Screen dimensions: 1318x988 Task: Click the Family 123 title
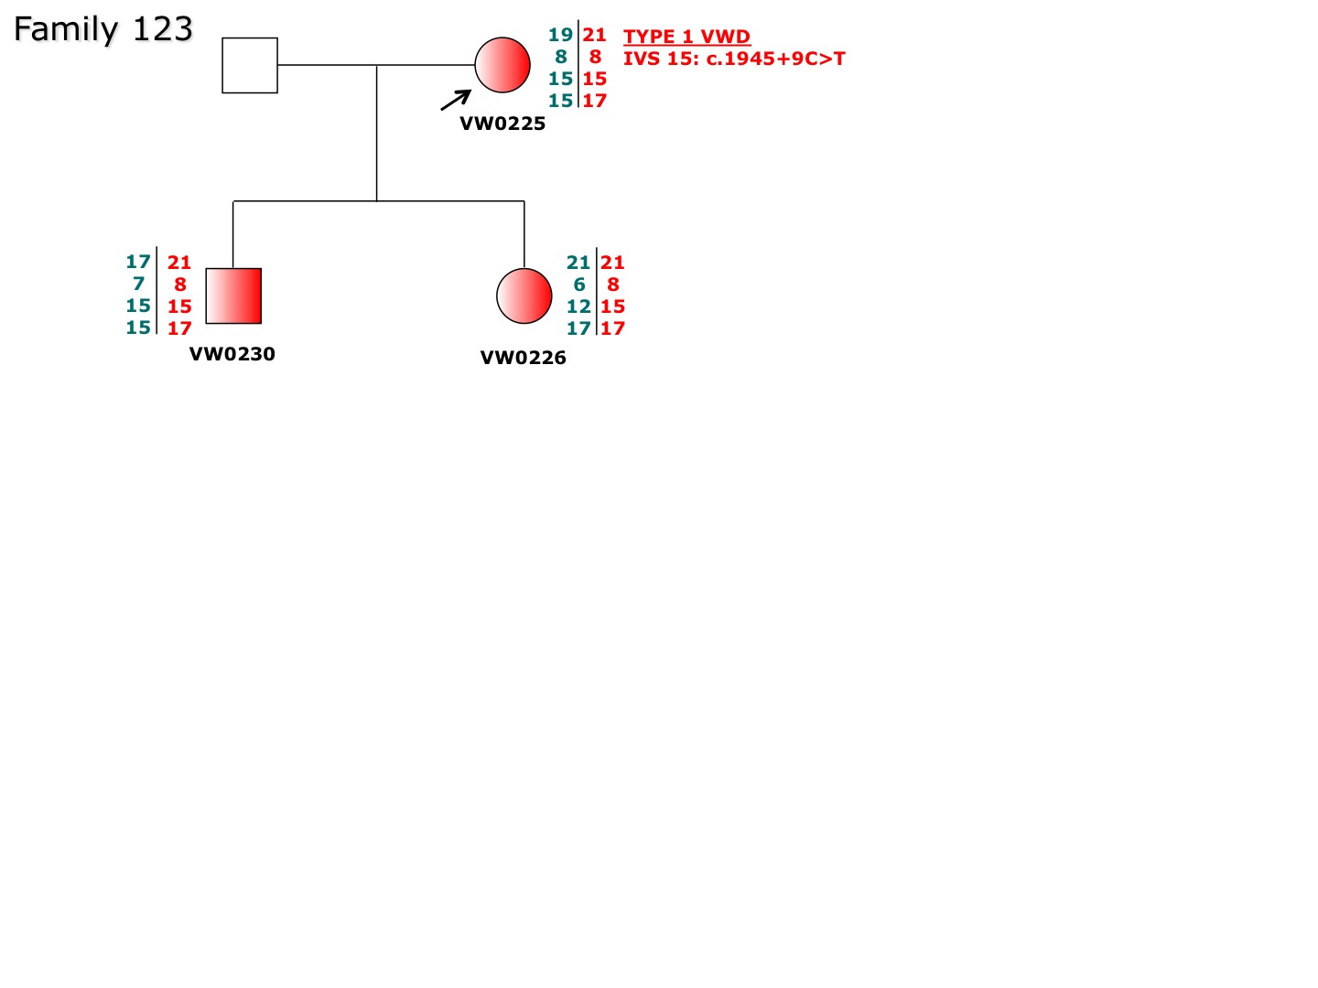coord(103,29)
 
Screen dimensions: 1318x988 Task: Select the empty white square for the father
coord(250,65)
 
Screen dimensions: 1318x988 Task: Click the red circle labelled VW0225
coord(502,65)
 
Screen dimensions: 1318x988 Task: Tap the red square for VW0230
coord(233,295)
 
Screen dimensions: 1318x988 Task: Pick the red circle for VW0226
coord(524,295)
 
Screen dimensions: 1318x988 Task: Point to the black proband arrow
coord(456,101)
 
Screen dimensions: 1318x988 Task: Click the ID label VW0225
coord(502,123)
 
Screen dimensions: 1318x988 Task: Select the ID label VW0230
coord(232,354)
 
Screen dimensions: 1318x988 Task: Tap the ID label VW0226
coord(523,358)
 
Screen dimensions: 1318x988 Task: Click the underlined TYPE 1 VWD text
coord(687,37)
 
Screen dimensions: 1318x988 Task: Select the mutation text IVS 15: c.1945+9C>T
coord(734,59)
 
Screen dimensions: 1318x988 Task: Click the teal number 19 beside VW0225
coord(561,35)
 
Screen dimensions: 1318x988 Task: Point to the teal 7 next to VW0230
coord(139,284)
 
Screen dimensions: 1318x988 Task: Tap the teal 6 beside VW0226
coord(579,285)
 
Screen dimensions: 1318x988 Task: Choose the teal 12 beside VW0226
coord(578,306)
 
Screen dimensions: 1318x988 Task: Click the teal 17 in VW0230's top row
coord(138,262)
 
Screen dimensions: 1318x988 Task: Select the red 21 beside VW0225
coord(594,35)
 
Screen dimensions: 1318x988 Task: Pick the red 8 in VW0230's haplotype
coord(180,285)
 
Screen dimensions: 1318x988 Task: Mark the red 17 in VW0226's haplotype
coord(613,328)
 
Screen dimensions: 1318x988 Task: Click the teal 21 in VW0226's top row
coord(578,263)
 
